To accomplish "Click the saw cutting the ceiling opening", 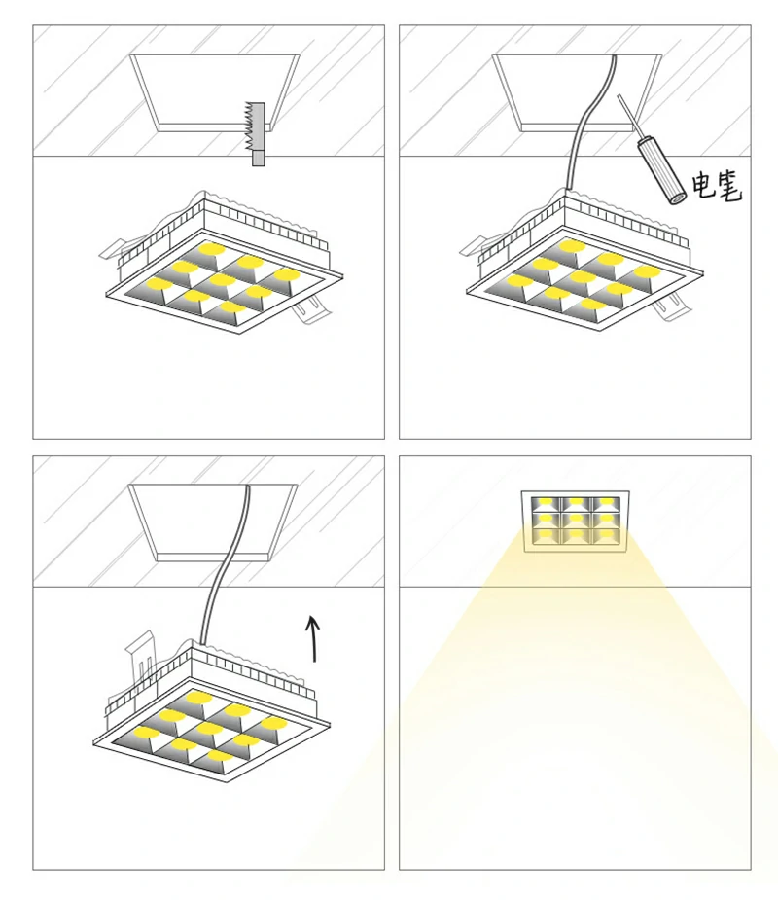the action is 256,133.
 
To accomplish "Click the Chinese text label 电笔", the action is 717,186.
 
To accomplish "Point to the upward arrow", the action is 313,638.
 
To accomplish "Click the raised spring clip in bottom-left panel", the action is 141,655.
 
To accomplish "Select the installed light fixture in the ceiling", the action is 576,522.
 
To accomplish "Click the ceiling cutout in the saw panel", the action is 215,92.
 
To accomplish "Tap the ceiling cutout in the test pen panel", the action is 577,92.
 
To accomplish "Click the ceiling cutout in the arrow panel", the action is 213,522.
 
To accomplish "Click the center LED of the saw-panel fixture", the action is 222,279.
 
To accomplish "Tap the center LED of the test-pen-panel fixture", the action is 583,276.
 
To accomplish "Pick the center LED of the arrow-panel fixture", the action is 209,729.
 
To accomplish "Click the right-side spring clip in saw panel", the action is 310,310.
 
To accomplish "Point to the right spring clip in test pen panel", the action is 671,306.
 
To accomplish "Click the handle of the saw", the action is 258,158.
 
